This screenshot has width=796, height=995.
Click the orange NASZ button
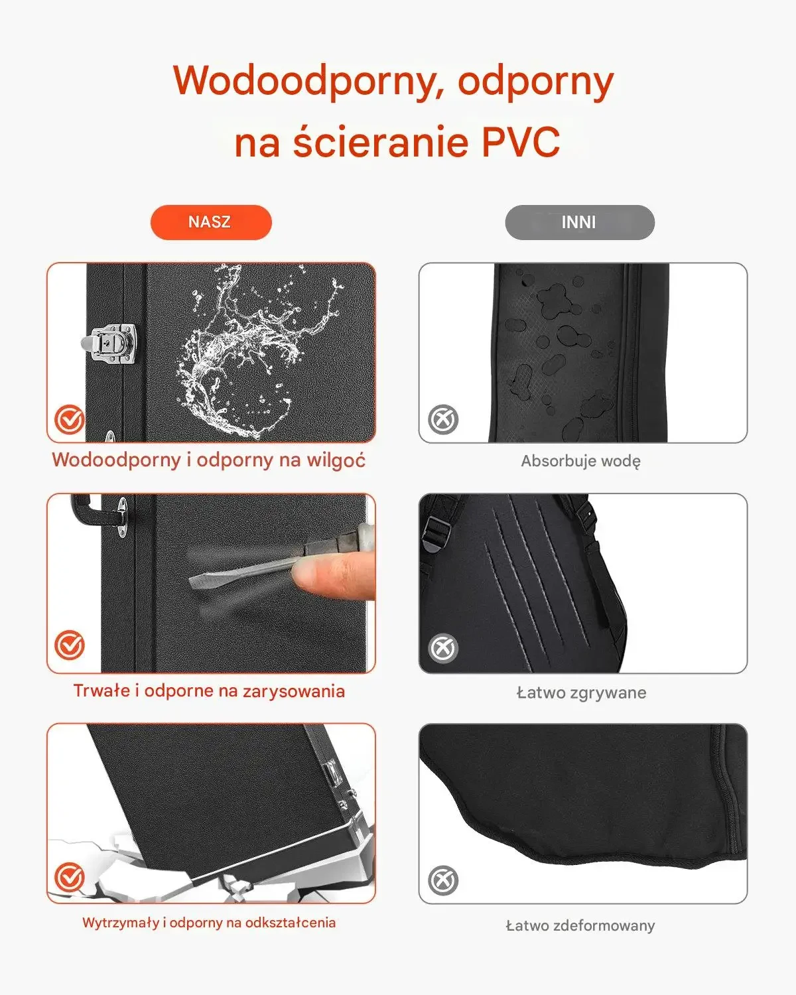pos(211,222)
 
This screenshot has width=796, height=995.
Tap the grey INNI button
pos(580,222)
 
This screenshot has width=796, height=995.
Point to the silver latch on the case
pos(109,342)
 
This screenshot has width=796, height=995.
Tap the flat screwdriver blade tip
pos(194,580)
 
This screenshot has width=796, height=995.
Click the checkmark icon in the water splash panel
pos(70,419)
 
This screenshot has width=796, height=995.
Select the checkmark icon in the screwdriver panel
pos(70,645)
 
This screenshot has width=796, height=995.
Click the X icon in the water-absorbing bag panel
pos(443,419)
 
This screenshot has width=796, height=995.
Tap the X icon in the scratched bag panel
pos(443,648)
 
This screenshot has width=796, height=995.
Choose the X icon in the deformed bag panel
pos(443,880)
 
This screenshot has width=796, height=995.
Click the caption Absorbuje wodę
pos(581,461)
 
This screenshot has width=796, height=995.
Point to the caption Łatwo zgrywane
pos(581,693)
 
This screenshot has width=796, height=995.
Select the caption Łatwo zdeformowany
pos(580,925)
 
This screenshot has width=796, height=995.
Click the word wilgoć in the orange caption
pos(336,460)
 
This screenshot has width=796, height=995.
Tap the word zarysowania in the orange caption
pos(294,691)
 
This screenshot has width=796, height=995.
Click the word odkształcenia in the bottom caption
pos(291,923)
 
